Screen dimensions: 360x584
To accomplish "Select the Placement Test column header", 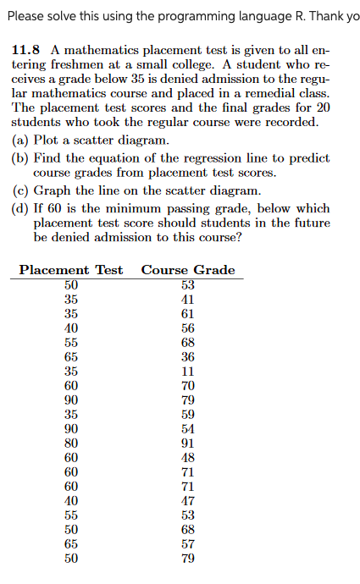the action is [71, 270].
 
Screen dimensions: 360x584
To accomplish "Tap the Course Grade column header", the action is [188, 270].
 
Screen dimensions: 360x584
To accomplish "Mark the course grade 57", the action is [188, 543].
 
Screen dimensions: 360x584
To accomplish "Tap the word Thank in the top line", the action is [318, 14].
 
